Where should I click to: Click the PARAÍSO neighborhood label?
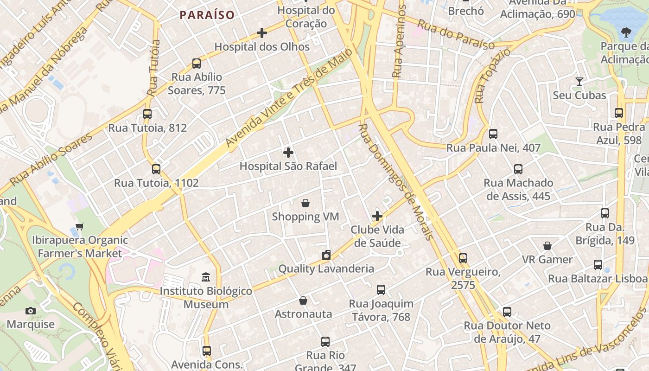(207, 15)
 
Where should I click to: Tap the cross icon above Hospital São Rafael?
(288, 152)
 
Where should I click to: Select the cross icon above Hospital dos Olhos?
(262, 33)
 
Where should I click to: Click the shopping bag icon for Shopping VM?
(305, 203)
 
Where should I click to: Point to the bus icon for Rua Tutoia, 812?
(147, 114)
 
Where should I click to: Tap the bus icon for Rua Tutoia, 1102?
(156, 169)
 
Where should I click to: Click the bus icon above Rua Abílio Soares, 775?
(197, 64)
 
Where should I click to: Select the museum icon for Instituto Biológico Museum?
(206, 277)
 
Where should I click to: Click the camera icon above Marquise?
(31, 311)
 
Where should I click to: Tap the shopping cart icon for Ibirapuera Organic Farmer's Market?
(80, 227)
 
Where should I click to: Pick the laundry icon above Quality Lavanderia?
(326, 255)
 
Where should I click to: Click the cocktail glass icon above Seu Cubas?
(579, 82)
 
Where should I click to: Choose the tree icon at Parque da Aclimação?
(626, 32)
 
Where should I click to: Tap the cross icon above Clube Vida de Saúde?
(377, 216)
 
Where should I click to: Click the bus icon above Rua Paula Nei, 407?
(493, 134)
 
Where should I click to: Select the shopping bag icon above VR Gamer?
(547, 246)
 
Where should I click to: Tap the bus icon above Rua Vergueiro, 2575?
(463, 258)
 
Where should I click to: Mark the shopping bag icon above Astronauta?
(303, 301)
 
